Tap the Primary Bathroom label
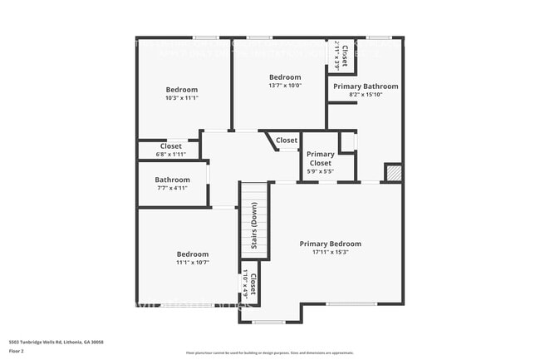click(x=366, y=86)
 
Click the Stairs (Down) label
click(x=253, y=227)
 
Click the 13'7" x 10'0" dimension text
click(x=285, y=85)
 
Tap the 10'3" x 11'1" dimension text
click(x=182, y=97)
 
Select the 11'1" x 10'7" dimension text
click(x=193, y=262)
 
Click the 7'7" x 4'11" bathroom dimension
click(x=172, y=188)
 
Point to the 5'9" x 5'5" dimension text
click(x=320, y=172)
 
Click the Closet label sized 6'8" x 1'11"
click(x=170, y=146)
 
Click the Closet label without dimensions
click(x=287, y=141)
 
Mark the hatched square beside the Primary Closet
click(x=394, y=172)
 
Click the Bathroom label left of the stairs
click(x=172, y=180)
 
